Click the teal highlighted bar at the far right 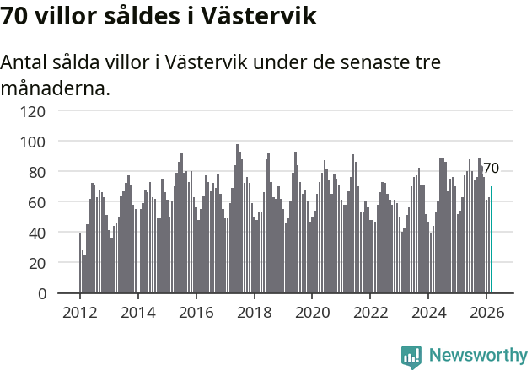492,240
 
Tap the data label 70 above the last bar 491,169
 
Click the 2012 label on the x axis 80,312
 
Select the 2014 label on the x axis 138,312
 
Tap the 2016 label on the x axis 196,312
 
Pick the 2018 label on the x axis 254,312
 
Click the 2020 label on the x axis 312,312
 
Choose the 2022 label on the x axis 370,312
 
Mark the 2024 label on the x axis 428,312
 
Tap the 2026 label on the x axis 486,312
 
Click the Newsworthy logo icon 411,357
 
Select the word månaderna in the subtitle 56,88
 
